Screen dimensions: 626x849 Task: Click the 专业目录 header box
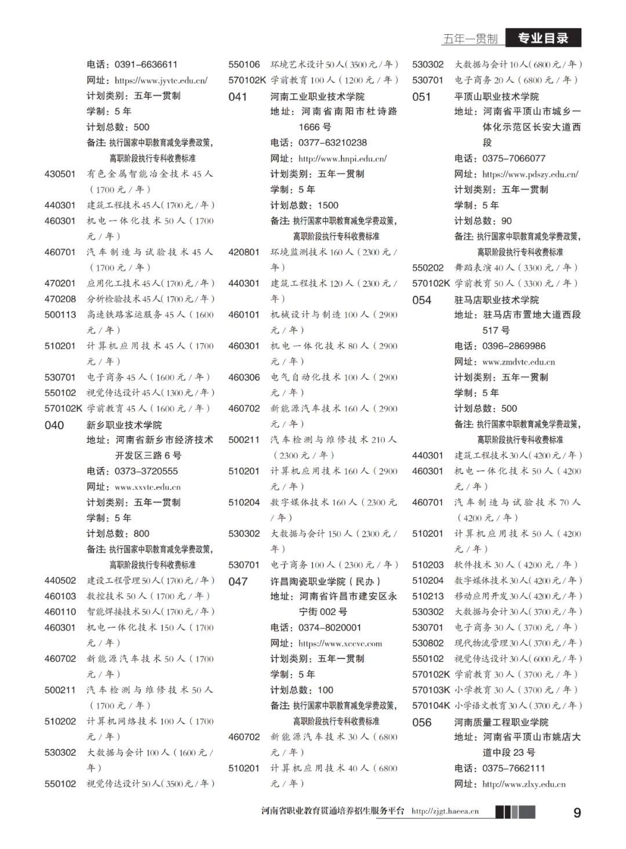point(543,38)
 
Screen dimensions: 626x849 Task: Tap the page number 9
point(577,813)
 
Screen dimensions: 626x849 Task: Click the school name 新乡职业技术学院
point(125,424)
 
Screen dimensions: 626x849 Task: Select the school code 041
point(238,97)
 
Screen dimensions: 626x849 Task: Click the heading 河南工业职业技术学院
point(317,96)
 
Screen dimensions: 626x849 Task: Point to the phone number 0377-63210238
point(333,142)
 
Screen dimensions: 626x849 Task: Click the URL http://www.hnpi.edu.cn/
point(342,158)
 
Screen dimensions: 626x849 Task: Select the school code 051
point(421,97)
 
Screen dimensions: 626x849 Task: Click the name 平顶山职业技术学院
point(496,96)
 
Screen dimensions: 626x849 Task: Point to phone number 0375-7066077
point(514,158)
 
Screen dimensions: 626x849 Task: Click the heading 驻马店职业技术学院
point(496,299)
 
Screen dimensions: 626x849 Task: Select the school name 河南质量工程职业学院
point(501,722)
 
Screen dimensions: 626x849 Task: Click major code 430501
point(60,174)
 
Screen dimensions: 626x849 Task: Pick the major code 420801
point(244,252)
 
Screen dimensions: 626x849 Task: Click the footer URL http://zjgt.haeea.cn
point(445,811)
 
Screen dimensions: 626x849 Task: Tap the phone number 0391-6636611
point(146,64)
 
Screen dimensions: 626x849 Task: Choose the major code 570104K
point(431,705)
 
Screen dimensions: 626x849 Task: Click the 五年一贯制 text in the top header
point(470,39)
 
